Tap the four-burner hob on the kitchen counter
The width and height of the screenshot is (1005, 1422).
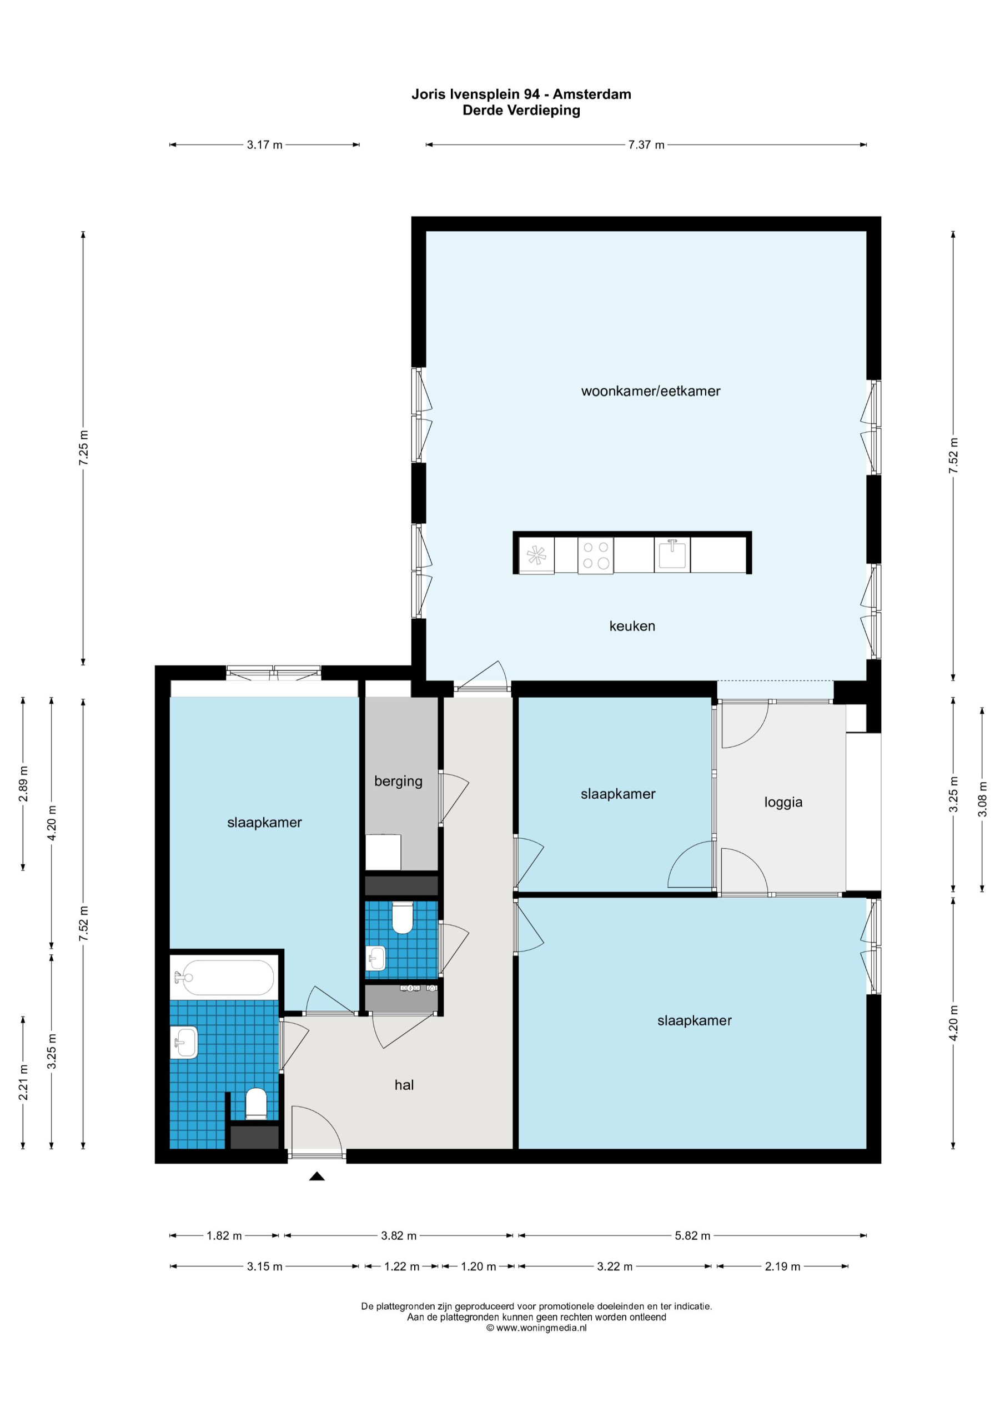pos(596,555)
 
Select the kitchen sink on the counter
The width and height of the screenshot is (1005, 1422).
pos(672,554)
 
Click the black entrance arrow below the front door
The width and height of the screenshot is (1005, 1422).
pos(317,1176)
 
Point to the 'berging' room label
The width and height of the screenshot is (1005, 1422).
pos(398,781)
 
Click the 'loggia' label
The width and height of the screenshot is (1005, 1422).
pos(783,802)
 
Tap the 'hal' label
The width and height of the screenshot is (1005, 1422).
pos(404,1084)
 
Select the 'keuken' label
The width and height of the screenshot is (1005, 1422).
pos(632,626)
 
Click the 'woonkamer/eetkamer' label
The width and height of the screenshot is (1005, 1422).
pos(651,391)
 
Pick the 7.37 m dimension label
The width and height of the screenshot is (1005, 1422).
pos(646,145)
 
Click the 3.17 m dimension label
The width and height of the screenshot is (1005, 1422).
pos(264,145)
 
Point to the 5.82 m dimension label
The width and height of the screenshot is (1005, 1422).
pos(692,1235)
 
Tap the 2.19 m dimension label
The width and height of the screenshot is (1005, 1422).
pos(782,1266)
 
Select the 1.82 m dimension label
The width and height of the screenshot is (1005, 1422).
pos(224,1235)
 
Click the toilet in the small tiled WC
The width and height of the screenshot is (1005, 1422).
pos(403,917)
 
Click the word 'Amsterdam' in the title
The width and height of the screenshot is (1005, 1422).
pos(592,94)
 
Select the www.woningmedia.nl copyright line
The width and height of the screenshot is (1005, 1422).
pos(536,1328)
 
